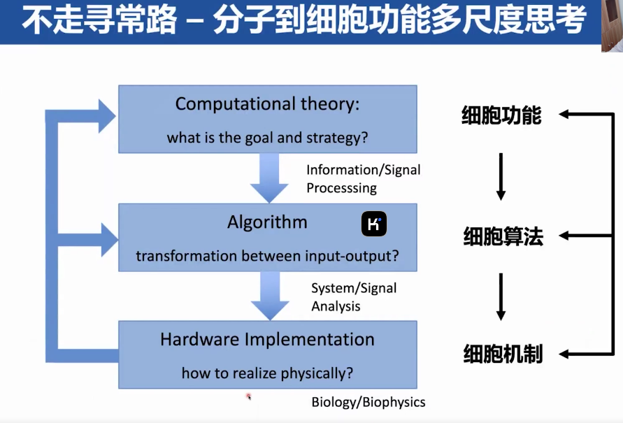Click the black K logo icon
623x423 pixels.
coord(374,224)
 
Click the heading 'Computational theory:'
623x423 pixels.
coord(267,104)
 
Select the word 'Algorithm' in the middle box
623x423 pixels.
coord(267,222)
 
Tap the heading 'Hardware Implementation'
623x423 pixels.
coord(267,340)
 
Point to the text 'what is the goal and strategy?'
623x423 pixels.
coord(267,138)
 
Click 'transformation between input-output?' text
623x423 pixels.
coord(267,256)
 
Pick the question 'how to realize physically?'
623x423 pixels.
coord(267,373)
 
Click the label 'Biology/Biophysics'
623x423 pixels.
coord(368,402)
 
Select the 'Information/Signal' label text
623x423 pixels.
coord(363,170)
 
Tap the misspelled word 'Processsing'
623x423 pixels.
coord(341,188)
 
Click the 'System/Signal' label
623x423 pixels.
coord(354,288)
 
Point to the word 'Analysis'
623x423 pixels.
coord(336,306)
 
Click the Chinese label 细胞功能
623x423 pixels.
coord(501,115)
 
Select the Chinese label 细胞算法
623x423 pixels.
coord(503,236)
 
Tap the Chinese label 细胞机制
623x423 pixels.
coord(503,354)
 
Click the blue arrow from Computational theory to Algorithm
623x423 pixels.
coord(269,178)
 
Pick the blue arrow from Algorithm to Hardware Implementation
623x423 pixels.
coord(270,296)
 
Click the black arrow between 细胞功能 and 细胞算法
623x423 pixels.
coord(501,177)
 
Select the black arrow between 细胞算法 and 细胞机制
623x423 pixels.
coord(501,296)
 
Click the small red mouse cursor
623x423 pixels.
coord(249,396)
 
